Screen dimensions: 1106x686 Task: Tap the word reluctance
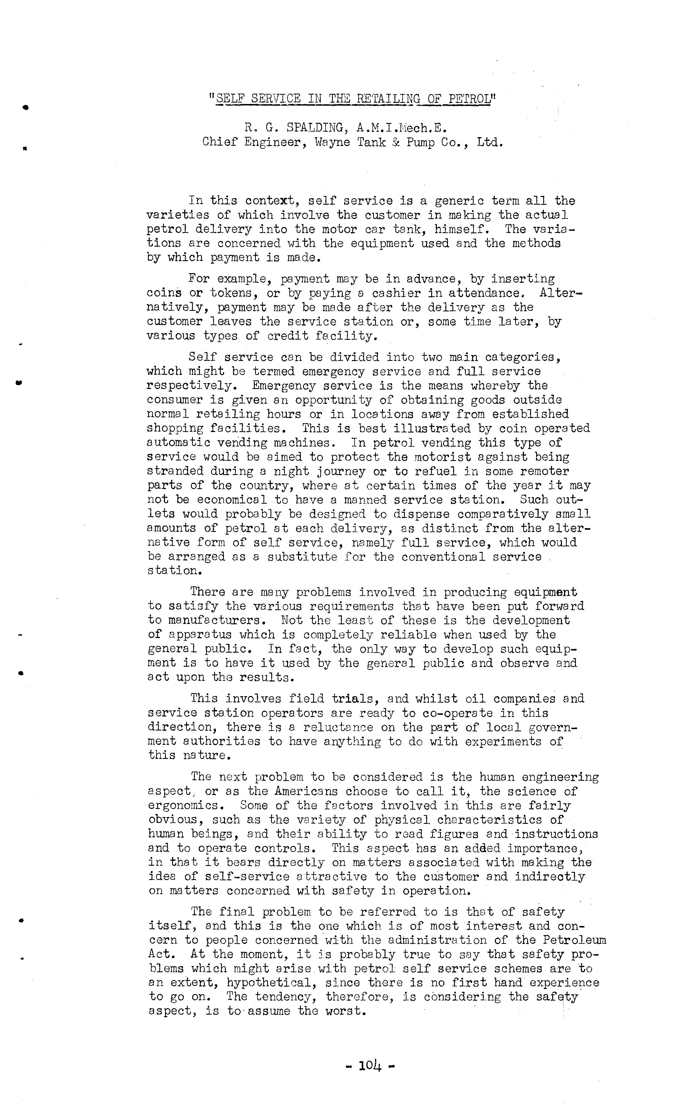coord(339,727)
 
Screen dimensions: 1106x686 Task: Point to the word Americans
coord(306,791)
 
